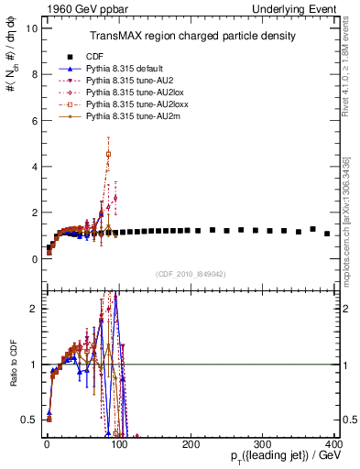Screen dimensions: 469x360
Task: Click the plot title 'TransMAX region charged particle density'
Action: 191,36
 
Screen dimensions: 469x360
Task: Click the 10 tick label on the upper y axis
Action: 32,28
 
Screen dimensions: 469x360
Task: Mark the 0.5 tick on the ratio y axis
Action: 30,420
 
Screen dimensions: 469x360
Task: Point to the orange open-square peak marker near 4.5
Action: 109,154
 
